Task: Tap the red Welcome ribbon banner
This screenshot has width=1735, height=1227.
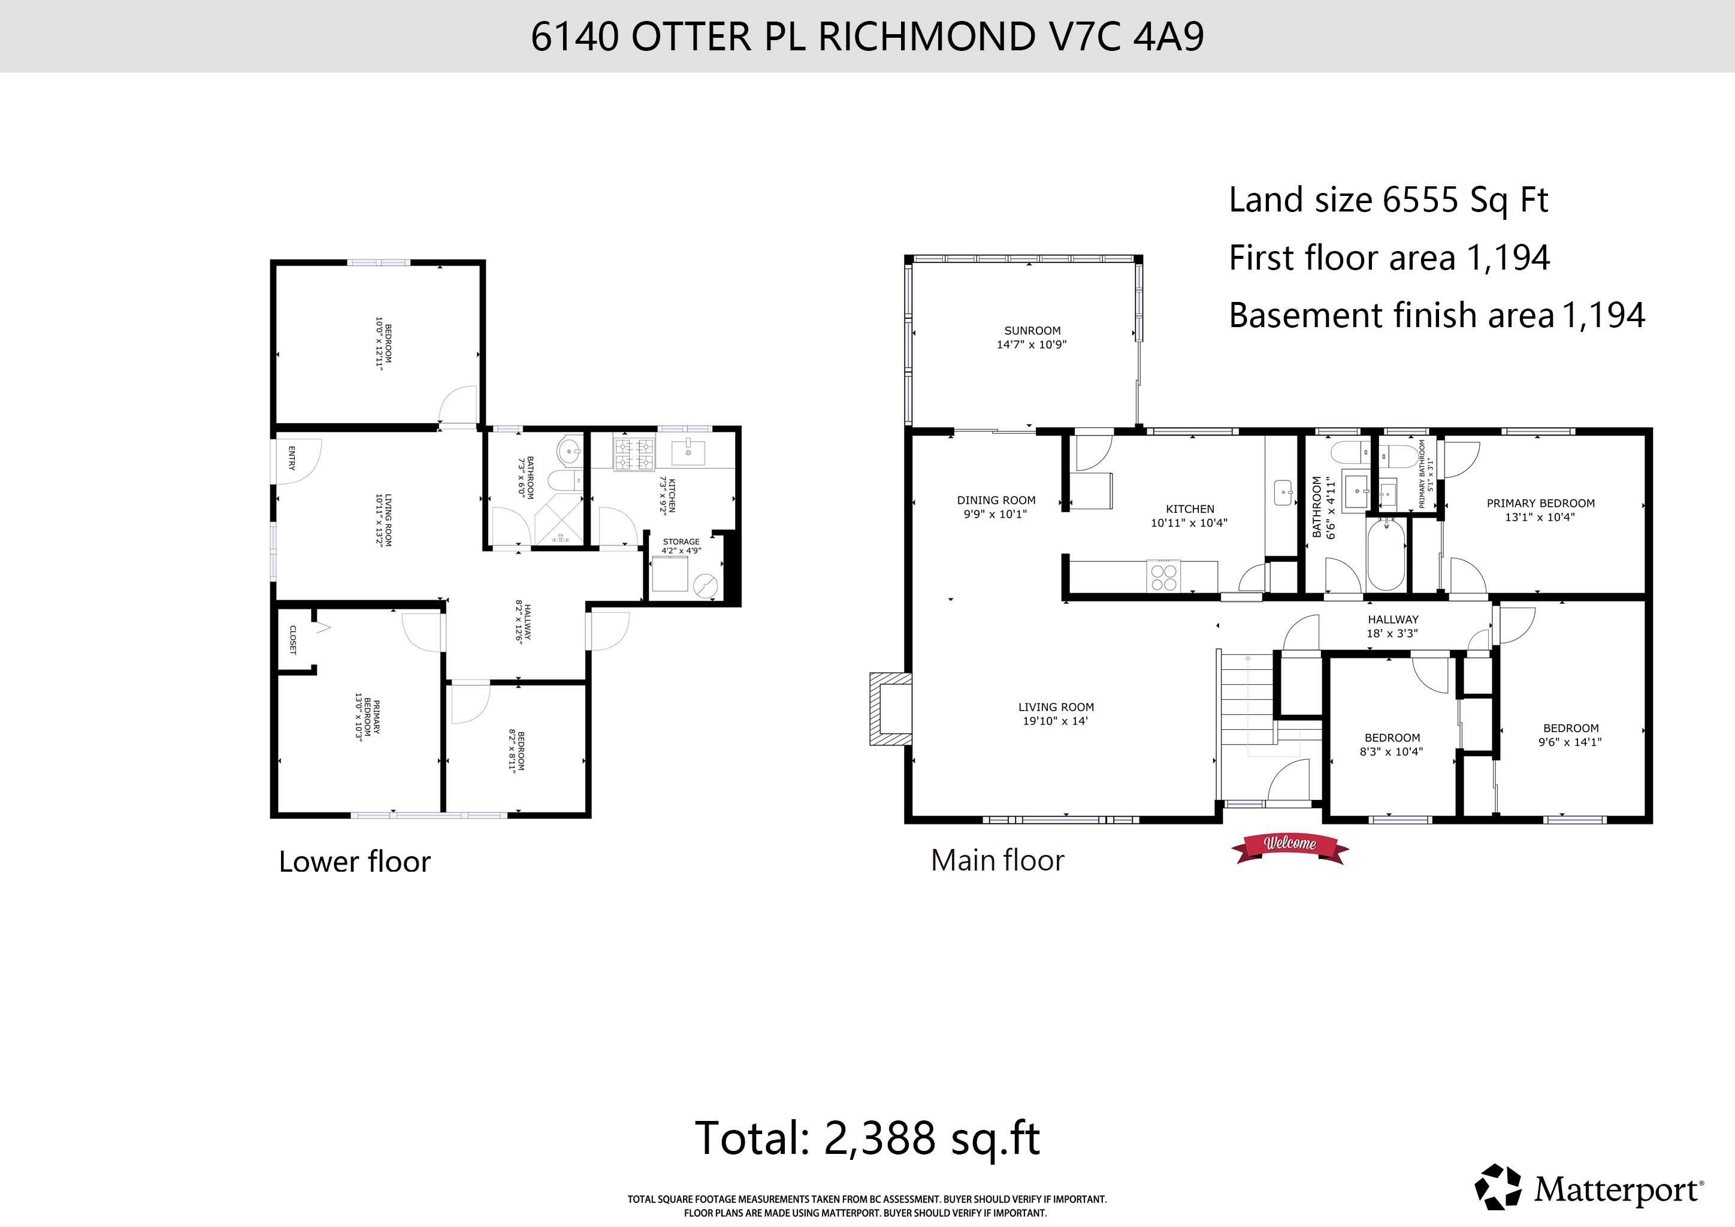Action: pyautogui.click(x=1289, y=844)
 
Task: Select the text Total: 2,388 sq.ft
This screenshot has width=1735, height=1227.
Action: pyautogui.click(x=867, y=1138)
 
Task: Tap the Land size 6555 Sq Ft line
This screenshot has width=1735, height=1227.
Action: pyautogui.click(x=1388, y=200)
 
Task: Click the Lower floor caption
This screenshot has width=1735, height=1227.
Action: pyautogui.click(x=355, y=862)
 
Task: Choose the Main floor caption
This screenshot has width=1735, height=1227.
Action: pyautogui.click(x=997, y=860)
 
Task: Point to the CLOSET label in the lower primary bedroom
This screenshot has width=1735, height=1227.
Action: pyautogui.click(x=292, y=639)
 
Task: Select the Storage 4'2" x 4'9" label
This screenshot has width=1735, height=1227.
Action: pyautogui.click(x=681, y=546)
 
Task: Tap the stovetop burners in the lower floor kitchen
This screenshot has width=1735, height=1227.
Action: pyautogui.click(x=634, y=455)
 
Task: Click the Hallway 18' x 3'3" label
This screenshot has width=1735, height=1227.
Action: pyautogui.click(x=1392, y=626)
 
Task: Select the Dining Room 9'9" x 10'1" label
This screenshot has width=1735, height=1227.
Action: pyautogui.click(x=996, y=507)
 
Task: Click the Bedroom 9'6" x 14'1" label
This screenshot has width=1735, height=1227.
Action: pyautogui.click(x=1570, y=735)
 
